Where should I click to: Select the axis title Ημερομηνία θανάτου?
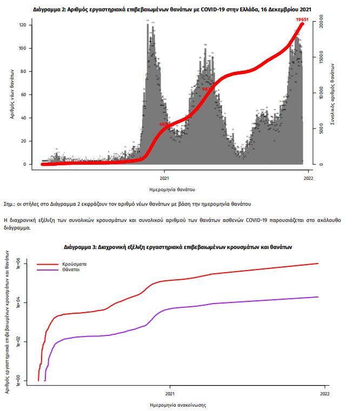pyautogui.click(x=172, y=190)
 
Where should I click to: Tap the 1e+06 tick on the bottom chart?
pyautogui.click(x=17, y=265)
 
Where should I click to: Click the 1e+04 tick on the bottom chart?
pyautogui.click(x=17, y=303)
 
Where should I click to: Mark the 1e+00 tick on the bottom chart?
pyautogui.click(x=17, y=380)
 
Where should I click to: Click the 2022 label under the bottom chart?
pyautogui.click(x=324, y=393)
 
